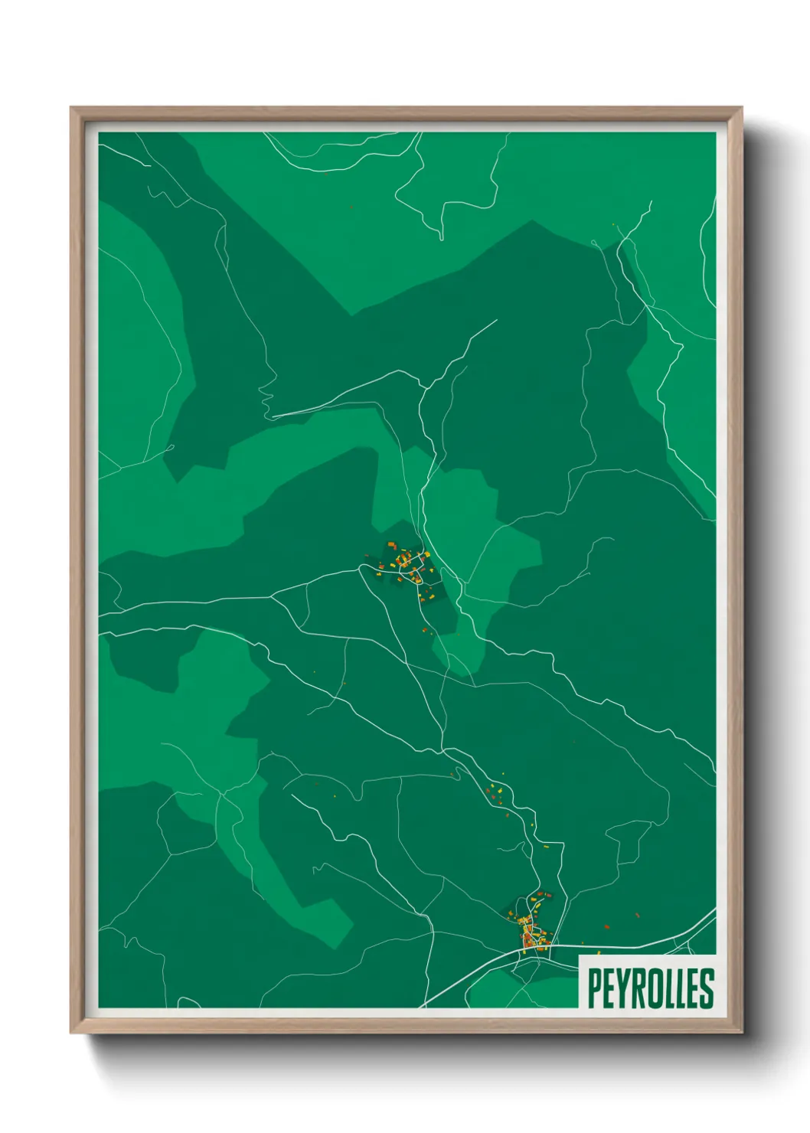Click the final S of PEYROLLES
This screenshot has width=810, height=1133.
(707, 988)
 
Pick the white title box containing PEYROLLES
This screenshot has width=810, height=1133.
(648, 981)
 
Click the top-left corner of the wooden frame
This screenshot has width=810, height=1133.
(71, 108)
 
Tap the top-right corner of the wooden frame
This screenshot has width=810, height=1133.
(741, 108)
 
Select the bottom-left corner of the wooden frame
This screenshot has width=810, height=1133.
(71, 1033)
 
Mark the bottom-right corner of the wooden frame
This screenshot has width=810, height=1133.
(741, 1033)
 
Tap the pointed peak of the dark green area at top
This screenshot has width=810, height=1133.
(532, 221)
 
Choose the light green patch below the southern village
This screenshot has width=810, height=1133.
(528, 988)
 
